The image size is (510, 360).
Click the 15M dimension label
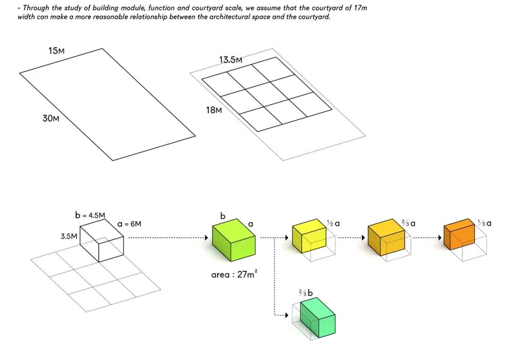(56, 50)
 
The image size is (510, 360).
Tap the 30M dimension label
(51, 118)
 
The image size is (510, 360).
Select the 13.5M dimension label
(230, 60)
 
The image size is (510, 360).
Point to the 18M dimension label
(213, 110)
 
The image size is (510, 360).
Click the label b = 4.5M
(90, 215)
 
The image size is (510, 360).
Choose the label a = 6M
(129, 224)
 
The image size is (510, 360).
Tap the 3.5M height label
(68, 236)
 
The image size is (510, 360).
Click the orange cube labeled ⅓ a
(459, 233)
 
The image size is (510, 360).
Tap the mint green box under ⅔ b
(317, 317)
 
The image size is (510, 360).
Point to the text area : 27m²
(234, 274)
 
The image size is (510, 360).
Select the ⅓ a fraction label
(484, 223)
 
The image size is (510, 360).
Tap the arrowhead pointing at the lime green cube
(207, 238)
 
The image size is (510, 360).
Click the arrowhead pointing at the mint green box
(286, 315)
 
